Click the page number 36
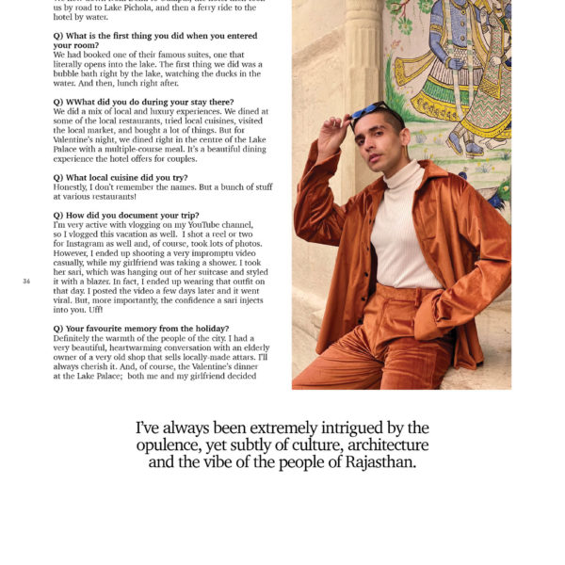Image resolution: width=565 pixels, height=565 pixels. pos(26,282)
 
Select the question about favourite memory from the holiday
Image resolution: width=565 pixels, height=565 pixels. pos(141,328)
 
